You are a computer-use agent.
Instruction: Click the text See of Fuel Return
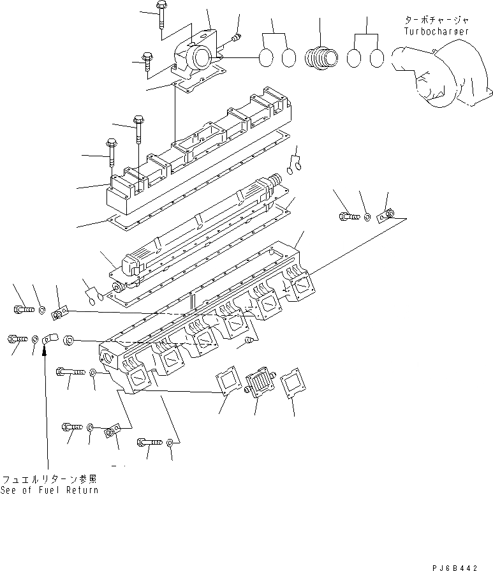(50, 490)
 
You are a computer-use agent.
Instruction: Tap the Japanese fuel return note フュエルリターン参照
(50, 478)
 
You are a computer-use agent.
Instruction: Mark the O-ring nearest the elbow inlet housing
(267, 58)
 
